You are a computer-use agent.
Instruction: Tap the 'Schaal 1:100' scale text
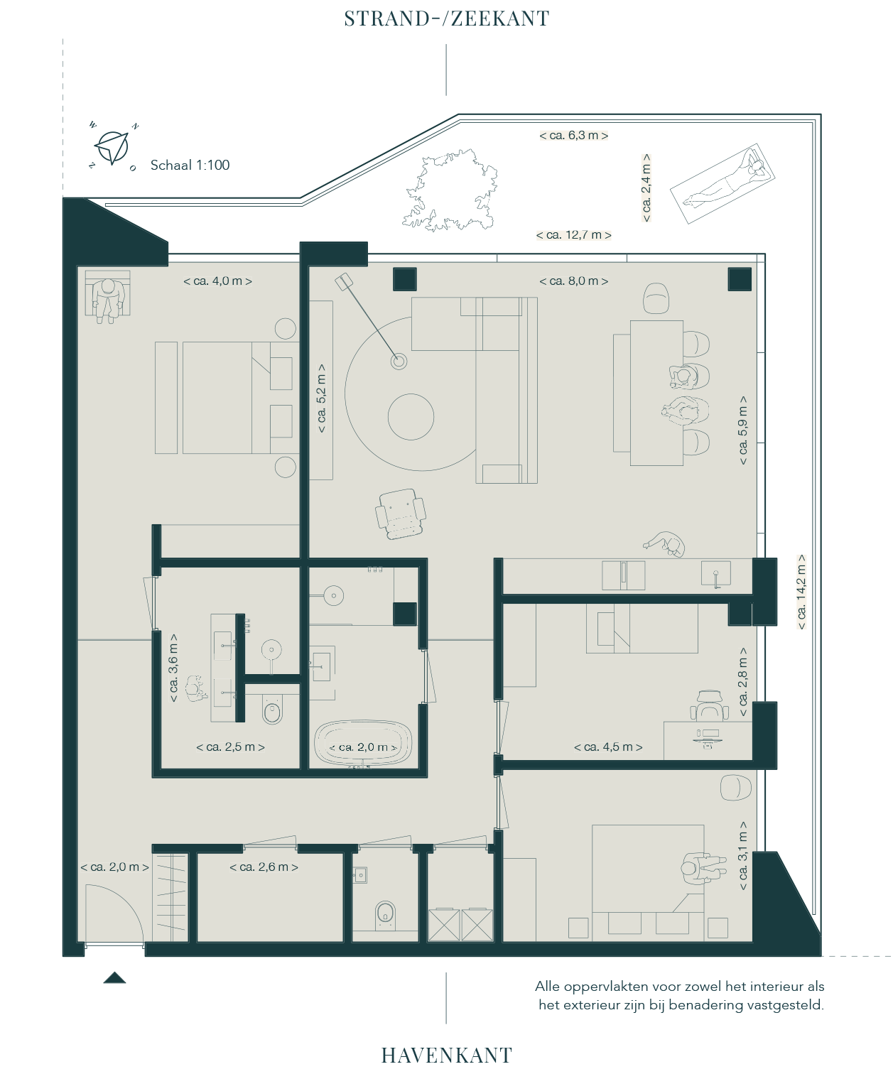pyautogui.click(x=190, y=165)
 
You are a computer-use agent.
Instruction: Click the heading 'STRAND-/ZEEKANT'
pyautogui.click(x=446, y=18)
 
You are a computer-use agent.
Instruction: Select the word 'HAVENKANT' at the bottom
pyautogui.click(x=446, y=1056)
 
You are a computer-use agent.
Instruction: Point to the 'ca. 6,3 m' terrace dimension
pyautogui.click(x=573, y=135)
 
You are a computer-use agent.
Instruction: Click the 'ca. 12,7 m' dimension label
pyautogui.click(x=573, y=235)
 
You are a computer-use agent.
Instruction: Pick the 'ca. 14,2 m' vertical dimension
pyautogui.click(x=801, y=592)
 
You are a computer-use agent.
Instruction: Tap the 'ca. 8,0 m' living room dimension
pyautogui.click(x=573, y=281)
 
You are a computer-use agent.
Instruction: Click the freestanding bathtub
pyautogui.click(x=362, y=743)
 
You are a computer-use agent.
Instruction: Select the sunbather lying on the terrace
pyautogui.click(x=722, y=184)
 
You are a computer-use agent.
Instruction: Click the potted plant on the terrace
pyautogui.click(x=449, y=190)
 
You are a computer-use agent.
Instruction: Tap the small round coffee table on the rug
pyautogui.click(x=411, y=417)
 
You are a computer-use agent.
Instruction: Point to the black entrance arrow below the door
pyautogui.click(x=114, y=977)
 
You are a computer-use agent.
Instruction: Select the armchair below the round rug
pyautogui.click(x=401, y=514)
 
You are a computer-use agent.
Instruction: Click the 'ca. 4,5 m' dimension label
pyautogui.click(x=608, y=747)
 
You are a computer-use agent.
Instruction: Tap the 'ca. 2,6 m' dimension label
pyautogui.click(x=264, y=867)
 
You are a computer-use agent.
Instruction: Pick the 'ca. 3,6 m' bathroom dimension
pyautogui.click(x=173, y=668)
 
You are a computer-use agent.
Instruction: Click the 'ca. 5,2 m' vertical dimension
pyautogui.click(x=322, y=398)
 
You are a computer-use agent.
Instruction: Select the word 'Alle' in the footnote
pyautogui.click(x=547, y=987)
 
